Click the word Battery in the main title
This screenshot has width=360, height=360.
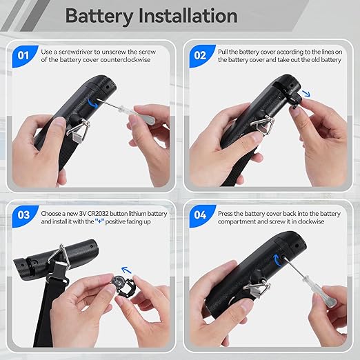pos(99,17)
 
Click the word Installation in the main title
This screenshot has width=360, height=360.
pos(188,16)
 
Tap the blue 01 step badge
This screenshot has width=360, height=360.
pos(24,56)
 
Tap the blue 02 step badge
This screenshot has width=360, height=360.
pos(201,56)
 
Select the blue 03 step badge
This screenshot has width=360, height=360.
pos(24,216)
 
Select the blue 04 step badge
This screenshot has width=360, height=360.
pos(201,216)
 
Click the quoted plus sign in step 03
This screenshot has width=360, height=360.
pos(100,221)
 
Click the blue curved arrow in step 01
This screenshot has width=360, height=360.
pos(93,103)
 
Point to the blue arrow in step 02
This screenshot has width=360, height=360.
pos(306,93)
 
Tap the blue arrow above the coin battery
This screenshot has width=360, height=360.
pos(126,270)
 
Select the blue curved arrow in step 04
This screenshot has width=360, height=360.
pos(277,260)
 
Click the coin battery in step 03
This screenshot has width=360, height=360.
pos(118,281)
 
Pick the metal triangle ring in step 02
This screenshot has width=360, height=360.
pos(262,126)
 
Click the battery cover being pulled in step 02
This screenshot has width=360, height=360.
pos(294,99)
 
